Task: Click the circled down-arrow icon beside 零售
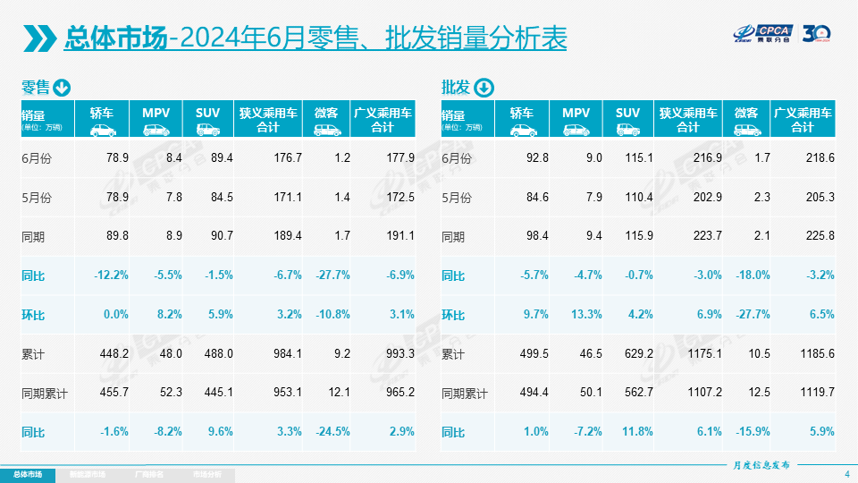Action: [x=62, y=88]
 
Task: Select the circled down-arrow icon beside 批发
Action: [x=483, y=88]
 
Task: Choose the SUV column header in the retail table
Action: [x=208, y=113]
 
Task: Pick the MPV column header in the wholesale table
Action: [x=576, y=113]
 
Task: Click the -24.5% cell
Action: [x=332, y=432]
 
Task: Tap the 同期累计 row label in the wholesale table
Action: [x=466, y=394]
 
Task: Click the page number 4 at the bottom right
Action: [x=846, y=473]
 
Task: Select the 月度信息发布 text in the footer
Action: [x=761, y=464]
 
